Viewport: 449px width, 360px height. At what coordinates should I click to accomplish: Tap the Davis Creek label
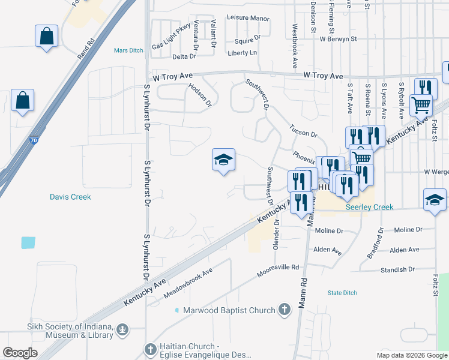tap(70, 197)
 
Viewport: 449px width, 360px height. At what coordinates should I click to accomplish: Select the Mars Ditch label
tap(128, 51)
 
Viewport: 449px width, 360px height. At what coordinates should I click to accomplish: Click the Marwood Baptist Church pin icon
tap(285, 310)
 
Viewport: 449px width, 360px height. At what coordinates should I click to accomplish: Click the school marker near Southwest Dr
tap(223, 160)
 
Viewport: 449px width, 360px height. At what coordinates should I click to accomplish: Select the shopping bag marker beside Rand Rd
tap(46, 37)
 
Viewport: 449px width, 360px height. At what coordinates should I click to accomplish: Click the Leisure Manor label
tap(251, 19)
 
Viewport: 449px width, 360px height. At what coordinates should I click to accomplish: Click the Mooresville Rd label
tap(277, 271)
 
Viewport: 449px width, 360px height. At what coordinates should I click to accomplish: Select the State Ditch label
tap(342, 293)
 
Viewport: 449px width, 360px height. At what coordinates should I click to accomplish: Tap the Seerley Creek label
tap(369, 207)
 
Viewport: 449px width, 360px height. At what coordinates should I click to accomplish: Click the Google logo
tap(20, 353)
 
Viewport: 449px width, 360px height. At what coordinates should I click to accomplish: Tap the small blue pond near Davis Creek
tap(28, 242)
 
